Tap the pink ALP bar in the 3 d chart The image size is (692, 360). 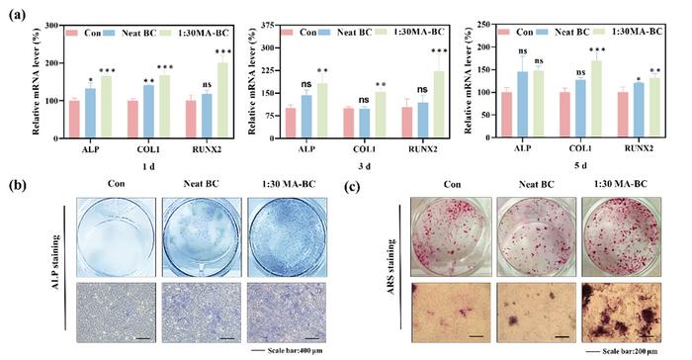(x=290, y=124)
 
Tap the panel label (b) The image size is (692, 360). (x=15, y=185)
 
